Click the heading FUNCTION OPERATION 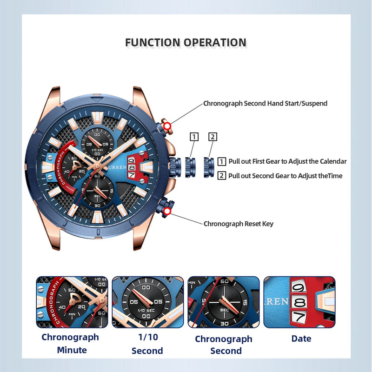[x=186, y=43]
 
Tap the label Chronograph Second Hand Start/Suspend [x=265, y=103]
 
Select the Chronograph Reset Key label [x=239, y=224]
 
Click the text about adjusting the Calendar [x=287, y=161]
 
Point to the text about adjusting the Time [x=285, y=175]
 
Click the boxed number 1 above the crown [x=194, y=137]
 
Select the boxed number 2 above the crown [x=213, y=137]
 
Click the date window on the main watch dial [x=132, y=166]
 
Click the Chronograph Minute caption [x=70, y=343]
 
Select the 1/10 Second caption [x=147, y=343]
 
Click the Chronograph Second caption [x=223, y=345]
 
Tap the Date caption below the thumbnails [x=301, y=339]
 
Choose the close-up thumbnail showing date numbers [x=299, y=302]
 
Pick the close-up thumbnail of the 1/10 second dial [x=147, y=302]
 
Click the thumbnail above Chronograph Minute [x=72, y=302]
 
